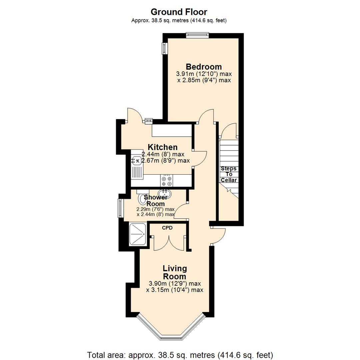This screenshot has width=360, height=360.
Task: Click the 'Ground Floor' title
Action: pos(179,12)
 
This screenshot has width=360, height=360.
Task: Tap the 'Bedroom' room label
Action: pos(204,66)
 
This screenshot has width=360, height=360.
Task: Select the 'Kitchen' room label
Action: pos(163,147)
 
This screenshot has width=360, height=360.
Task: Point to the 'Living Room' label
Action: pos(174,272)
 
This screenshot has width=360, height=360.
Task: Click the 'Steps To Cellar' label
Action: pos(228,174)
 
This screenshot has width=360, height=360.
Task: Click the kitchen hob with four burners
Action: pos(167,181)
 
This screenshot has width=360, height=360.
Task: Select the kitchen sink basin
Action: pos(136,161)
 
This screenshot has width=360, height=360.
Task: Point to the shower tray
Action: pos(137,234)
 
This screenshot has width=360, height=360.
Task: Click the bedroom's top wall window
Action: pos(197,35)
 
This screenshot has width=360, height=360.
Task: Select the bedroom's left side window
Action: pos(164,48)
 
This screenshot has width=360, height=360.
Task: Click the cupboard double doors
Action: pos(169,243)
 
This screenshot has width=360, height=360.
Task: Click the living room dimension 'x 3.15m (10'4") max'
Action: pos(175,290)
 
